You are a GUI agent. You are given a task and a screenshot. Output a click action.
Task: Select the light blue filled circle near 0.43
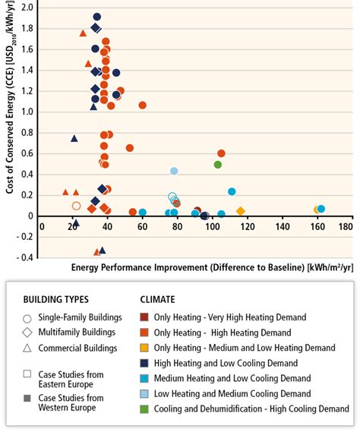(x=174, y=171)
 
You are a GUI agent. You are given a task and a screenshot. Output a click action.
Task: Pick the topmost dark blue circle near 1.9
(x=97, y=17)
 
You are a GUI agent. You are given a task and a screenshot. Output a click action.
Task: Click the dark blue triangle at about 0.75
(x=74, y=138)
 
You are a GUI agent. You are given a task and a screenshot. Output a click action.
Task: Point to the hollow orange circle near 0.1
(x=76, y=206)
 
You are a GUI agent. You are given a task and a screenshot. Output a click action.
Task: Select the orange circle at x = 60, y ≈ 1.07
(x=142, y=106)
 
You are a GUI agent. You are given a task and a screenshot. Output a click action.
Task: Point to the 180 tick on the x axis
(x=346, y=227)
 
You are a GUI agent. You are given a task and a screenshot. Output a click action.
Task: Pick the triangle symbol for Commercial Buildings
(x=28, y=348)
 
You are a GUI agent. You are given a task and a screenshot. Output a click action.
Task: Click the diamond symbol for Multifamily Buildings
(x=28, y=332)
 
